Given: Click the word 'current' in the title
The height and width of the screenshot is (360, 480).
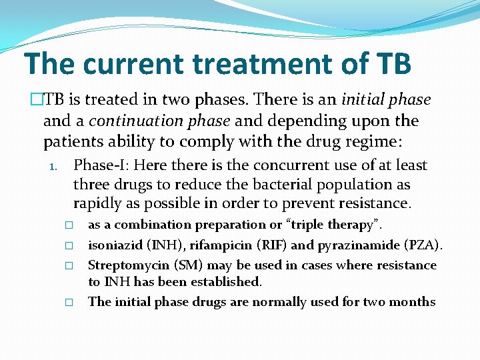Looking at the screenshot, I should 133,63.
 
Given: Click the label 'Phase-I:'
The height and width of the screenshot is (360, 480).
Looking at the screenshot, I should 101,165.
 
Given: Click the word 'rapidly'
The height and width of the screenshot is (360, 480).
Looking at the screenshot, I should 97,203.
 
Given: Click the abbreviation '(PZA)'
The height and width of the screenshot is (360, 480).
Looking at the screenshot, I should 421,245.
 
